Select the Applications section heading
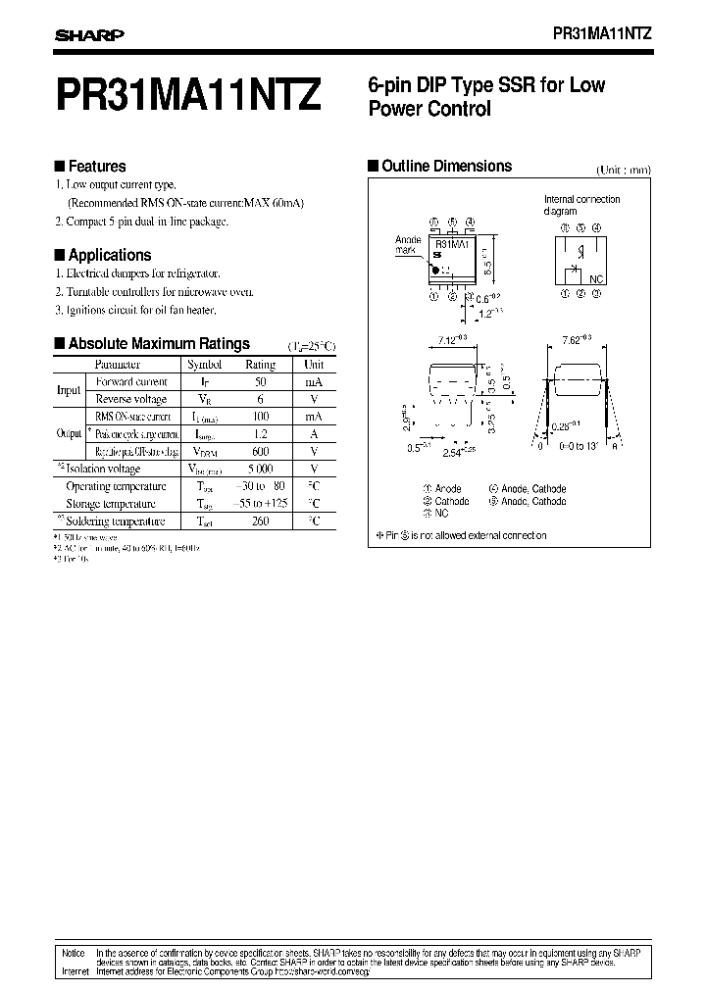point(110,255)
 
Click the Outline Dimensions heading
point(446,166)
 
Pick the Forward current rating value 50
point(261,381)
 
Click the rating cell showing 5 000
point(260,470)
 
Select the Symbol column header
point(205,364)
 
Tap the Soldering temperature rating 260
point(260,521)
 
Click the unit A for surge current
point(313,434)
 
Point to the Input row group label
point(69,390)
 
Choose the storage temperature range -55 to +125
point(260,504)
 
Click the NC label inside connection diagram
point(597,279)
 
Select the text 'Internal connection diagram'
point(582,205)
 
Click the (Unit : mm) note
point(624,170)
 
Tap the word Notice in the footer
point(74,952)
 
